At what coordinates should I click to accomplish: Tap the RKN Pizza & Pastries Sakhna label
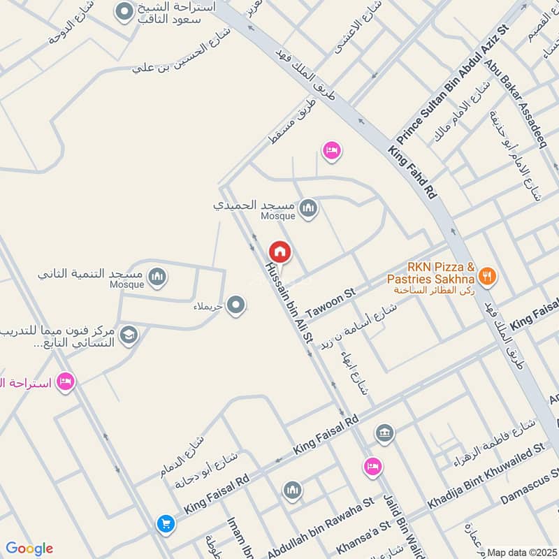click(x=431, y=273)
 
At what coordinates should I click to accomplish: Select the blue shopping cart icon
click(x=166, y=523)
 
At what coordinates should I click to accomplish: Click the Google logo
click(x=29, y=549)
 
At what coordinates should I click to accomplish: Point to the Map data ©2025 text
click(x=521, y=553)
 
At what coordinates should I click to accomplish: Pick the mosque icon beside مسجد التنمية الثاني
click(x=159, y=277)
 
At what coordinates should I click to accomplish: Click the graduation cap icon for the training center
click(x=129, y=335)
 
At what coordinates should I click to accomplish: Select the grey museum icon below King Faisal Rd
click(x=384, y=433)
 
